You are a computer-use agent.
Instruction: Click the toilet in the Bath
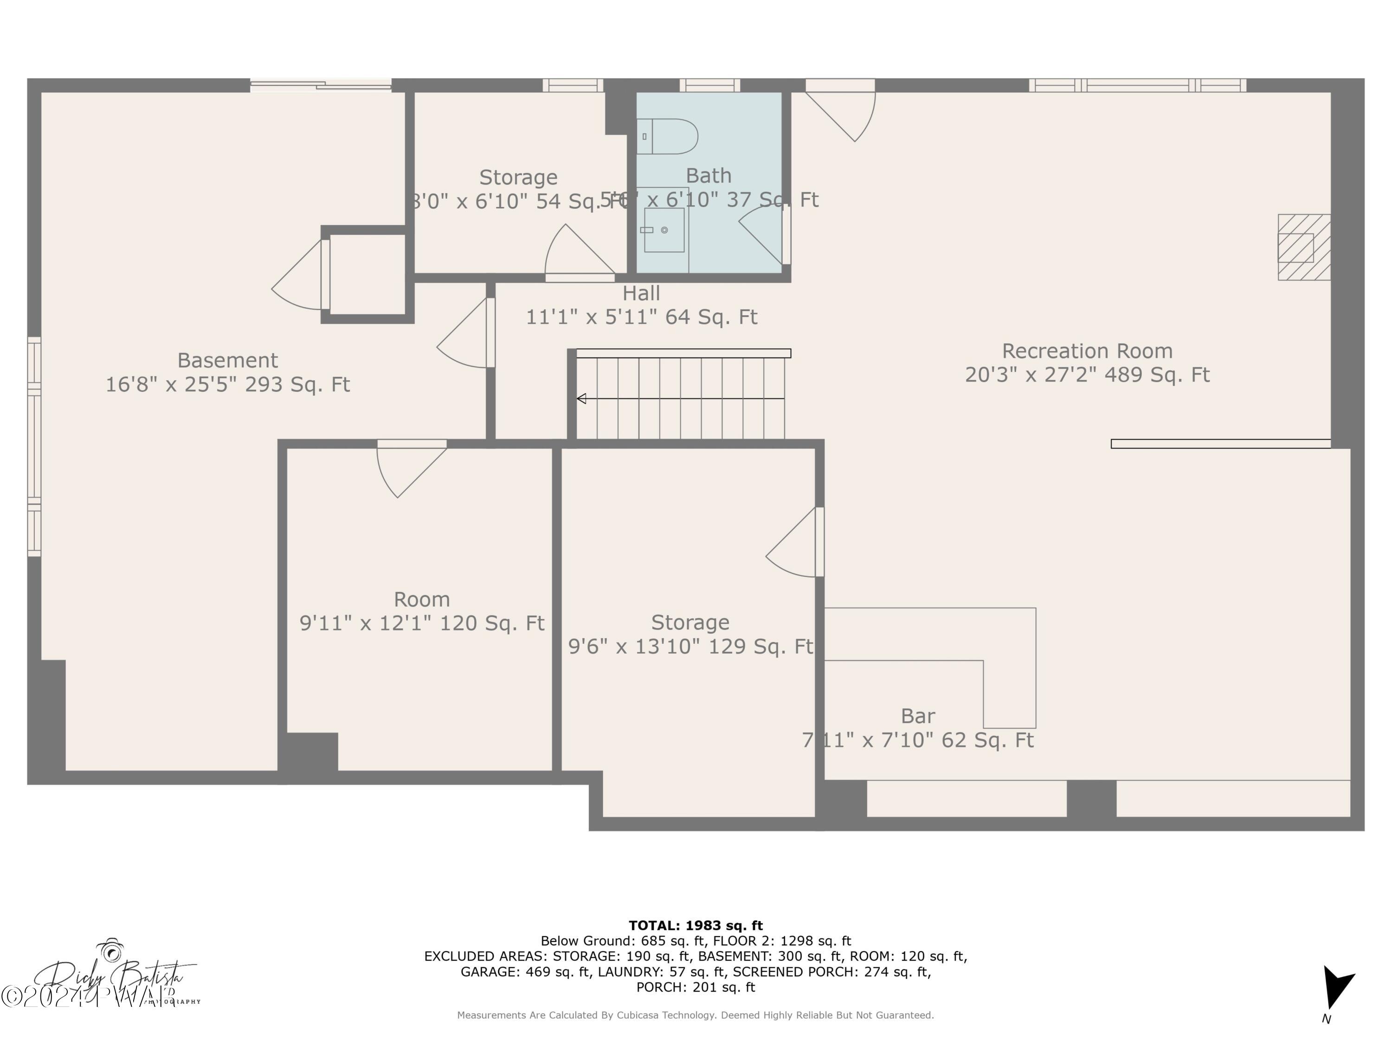coord(668,136)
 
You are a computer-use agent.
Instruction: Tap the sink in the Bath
coord(664,230)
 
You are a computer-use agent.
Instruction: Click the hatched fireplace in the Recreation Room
coord(1303,247)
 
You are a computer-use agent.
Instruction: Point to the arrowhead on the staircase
coord(581,398)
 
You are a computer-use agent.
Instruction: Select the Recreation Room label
coord(1087,351)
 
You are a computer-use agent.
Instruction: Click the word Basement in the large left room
coord(227,360)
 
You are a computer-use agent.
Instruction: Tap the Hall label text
coord(641,293)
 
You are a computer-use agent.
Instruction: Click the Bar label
coord(917,716)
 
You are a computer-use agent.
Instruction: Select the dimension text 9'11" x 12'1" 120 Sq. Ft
coord(422,623)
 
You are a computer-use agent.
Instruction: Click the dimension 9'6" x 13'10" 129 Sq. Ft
coord(690,646)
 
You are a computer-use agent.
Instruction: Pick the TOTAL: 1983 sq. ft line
coord(696,926)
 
